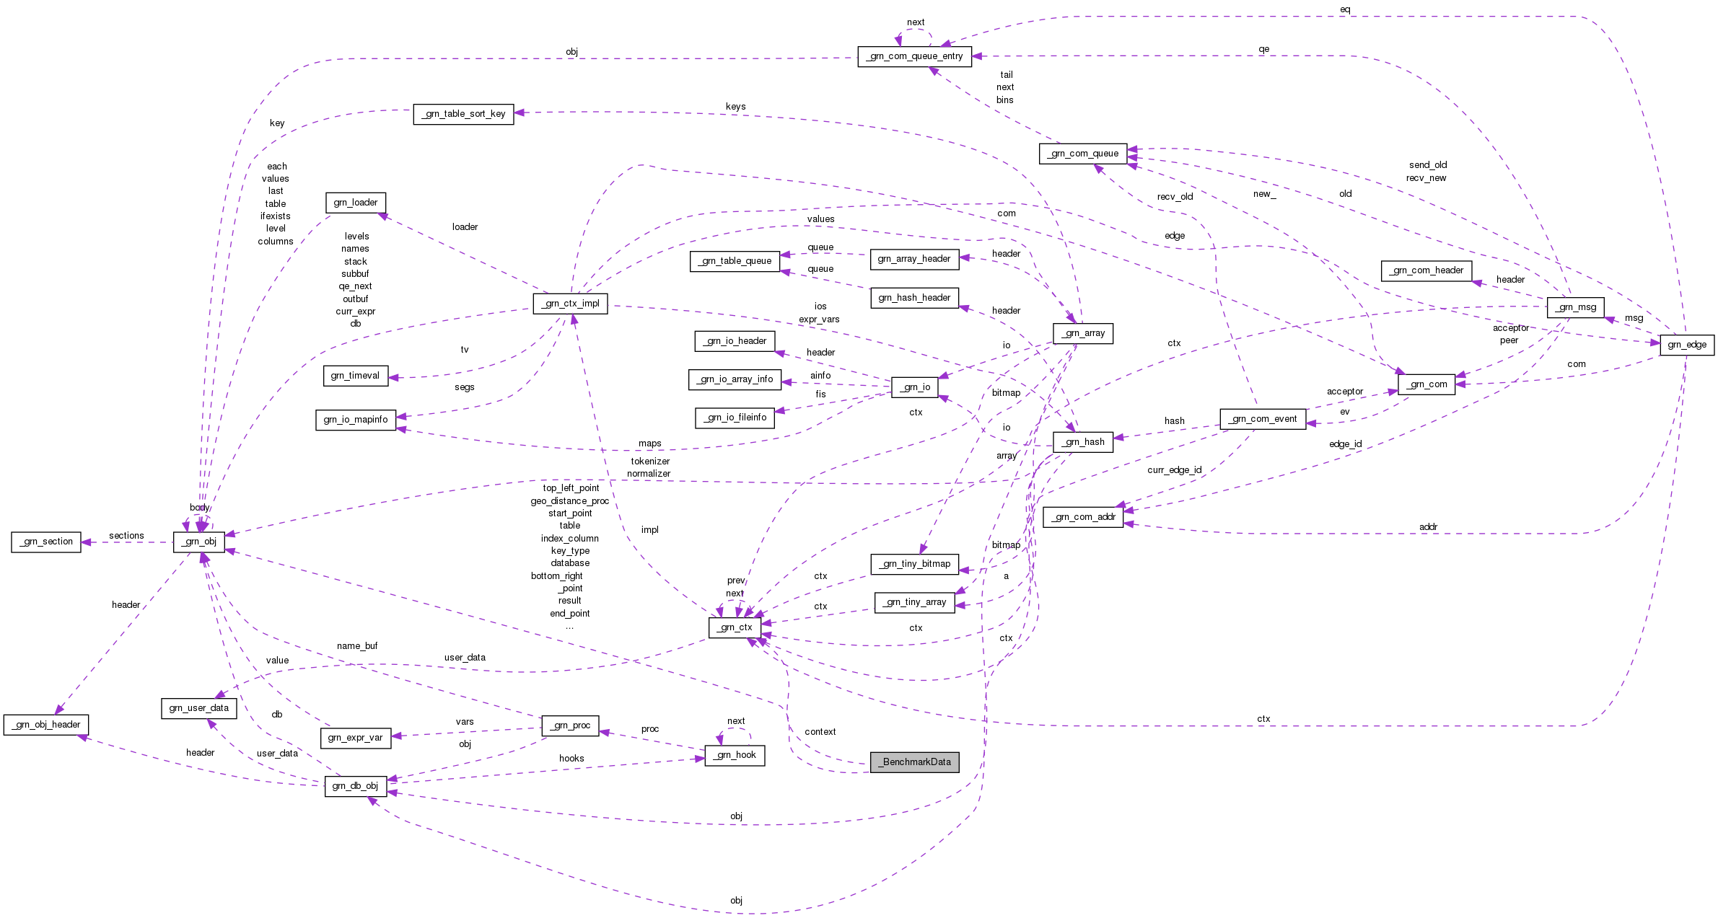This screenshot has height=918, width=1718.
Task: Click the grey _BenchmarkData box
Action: coord(914,762)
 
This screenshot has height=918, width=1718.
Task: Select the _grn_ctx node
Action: coord(735,627)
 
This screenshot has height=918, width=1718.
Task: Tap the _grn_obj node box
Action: coord(199,542)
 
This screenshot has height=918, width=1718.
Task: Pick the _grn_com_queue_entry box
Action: coord(914,56)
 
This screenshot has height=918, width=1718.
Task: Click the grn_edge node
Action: coord(1686,345)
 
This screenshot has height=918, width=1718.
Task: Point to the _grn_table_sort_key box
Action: coord(464,114)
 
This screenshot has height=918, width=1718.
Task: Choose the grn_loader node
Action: coord(356,203)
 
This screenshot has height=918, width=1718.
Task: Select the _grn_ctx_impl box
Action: coord(570,304)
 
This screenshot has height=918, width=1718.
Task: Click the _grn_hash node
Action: coord(1082,442)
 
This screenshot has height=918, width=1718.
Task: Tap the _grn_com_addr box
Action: coord(1083,517)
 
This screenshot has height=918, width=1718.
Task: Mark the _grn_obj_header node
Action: coord(46,725)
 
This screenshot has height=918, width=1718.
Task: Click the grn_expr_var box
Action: coord(355,738)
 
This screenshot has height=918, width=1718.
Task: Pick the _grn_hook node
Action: coord(735,755)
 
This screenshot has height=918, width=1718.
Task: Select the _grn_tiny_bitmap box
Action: coord(915,564)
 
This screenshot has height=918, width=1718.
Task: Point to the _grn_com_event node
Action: coord(1263,419)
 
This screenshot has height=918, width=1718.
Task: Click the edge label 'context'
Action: coord(820,732)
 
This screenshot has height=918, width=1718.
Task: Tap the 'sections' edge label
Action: coord(126,536)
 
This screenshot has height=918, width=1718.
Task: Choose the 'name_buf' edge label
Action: coord(357,646)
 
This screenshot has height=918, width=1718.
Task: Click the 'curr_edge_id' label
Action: coord(1174,470)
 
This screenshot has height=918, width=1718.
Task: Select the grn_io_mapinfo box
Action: coord(356,420)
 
